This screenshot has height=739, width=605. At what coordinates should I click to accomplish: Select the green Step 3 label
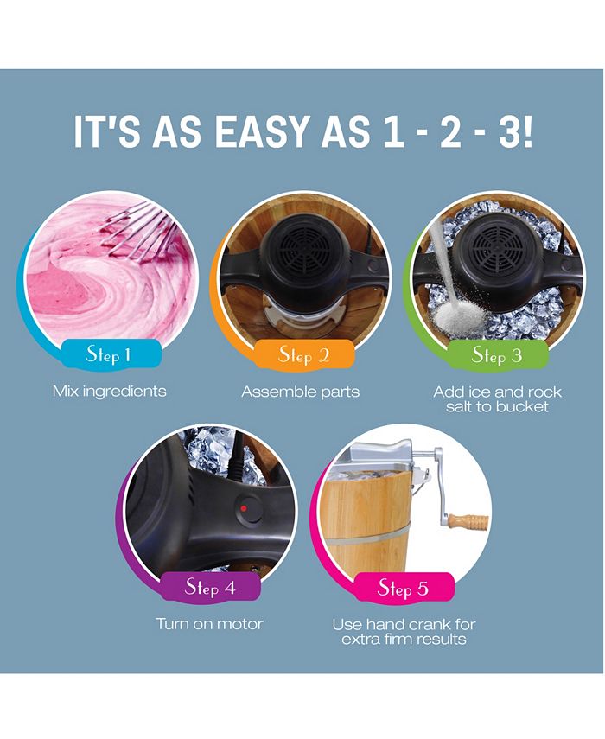tap(497, 354)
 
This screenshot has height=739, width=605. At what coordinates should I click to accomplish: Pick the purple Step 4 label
tap(209, 588)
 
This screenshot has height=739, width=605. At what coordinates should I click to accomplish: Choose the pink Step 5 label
tap(402, 589)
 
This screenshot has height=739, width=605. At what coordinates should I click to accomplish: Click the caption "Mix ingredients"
tap(109, 392)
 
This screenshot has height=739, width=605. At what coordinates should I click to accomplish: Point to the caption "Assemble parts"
tap(300, 392)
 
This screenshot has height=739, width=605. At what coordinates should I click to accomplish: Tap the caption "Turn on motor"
tap(209, 623)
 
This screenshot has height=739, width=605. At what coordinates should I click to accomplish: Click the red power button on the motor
tap(245, 508)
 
